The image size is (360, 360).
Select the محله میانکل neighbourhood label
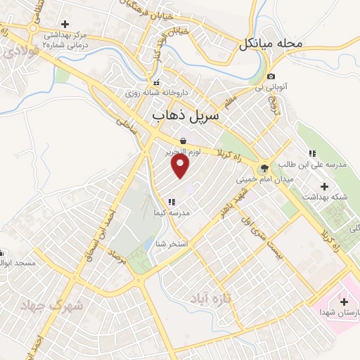(x=270, y=44)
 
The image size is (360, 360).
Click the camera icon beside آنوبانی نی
(x=271, y=77)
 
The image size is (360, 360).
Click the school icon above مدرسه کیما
(x=172, y=202)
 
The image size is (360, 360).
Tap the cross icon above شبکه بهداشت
(x=324, y=186)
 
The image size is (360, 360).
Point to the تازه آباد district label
(x=210, y=300)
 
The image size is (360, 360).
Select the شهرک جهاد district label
(x=52, y=306)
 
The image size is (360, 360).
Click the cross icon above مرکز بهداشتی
(x=65, y=24)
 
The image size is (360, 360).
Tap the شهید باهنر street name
(x=231, y=204)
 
